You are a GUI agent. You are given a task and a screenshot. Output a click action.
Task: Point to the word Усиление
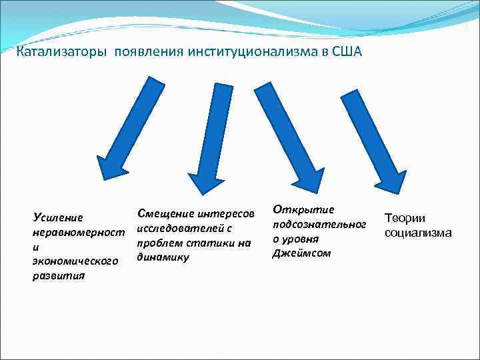(x=58, y=217)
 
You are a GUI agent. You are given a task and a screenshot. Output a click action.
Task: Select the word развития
(x=59, y=276)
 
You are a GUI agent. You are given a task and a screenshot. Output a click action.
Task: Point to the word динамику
(x=163, y=257)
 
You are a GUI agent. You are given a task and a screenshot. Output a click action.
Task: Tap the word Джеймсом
(x=301, y=253)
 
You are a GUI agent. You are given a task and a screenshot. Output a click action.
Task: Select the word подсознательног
(x=319, y=224)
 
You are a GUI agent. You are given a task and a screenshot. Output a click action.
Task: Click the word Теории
(x=404, y=218)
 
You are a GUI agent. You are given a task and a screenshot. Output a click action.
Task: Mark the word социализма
(x=418, y=233)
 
